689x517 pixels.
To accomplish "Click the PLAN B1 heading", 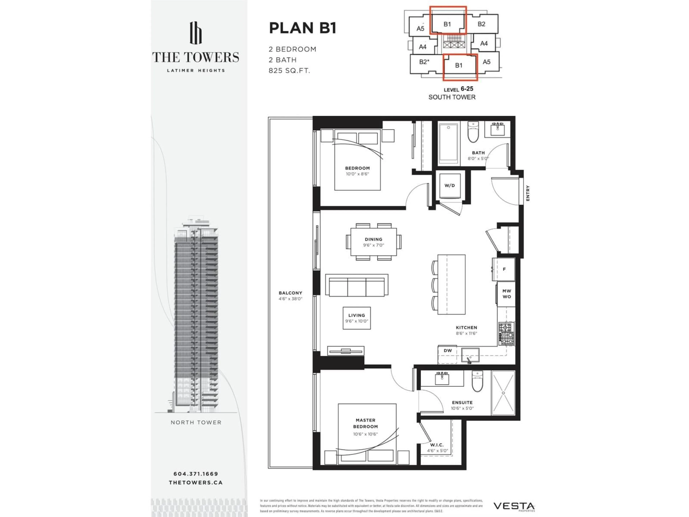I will coord(303,28).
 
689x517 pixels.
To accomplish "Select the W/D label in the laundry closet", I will coord(449,185).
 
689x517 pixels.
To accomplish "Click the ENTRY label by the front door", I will coord(528,193).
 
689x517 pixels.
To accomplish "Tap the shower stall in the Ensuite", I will coord(503,393).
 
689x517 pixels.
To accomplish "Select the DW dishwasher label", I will coord(448,351).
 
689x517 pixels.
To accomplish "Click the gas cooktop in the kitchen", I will coord(506,334).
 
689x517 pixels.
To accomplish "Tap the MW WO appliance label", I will coord(507,294).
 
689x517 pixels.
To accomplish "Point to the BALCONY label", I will coord(290,293).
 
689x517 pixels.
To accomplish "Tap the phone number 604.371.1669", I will coord(196,474).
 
